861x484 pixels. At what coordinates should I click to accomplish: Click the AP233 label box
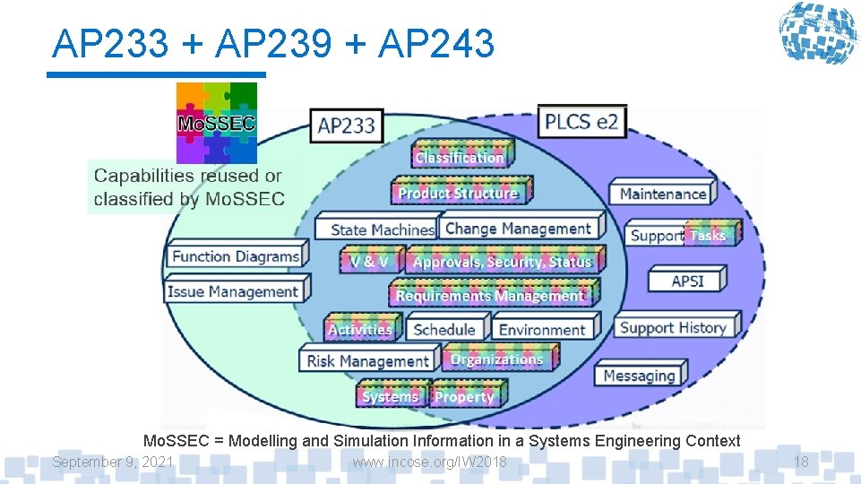(x=347, y=125)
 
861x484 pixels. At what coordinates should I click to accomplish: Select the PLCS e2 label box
(x=581, y=121)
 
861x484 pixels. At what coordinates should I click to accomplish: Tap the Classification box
(x=460, y=156)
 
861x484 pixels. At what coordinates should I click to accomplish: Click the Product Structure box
(x=459, y=192)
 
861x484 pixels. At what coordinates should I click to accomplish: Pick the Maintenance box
(x=663, y=193)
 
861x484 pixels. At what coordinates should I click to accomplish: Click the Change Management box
(x=519, y=228)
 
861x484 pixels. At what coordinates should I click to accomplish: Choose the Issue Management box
(x=235, y=291)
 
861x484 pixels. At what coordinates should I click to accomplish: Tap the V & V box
(x=369, y=262)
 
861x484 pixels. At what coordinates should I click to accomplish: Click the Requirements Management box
(x=490, y=294)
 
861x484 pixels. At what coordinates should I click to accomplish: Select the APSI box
(x=687, y=281)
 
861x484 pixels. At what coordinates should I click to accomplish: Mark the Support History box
(x=674, y=327)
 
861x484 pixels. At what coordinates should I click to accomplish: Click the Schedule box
(x=444, y=329)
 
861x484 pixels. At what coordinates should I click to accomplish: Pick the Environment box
(x=542, y=329)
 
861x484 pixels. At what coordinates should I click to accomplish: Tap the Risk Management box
(x=367, y=360)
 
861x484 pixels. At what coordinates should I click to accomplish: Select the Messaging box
(x=639, y=376)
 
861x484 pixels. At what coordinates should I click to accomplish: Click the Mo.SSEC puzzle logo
(x=216, y=123)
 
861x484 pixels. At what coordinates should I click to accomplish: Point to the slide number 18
(x=801, y=462)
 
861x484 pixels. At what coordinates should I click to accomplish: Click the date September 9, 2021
(x=113, y=462)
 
